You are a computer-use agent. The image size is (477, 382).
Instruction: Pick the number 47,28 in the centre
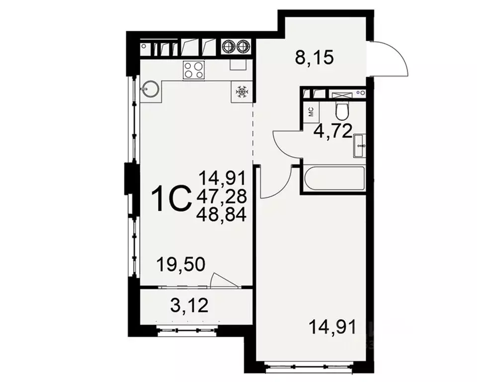[x=222, y=195]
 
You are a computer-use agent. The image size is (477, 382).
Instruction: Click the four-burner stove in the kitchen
[x=193, y=69]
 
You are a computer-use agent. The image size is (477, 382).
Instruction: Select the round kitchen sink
[x=151, y=89]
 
